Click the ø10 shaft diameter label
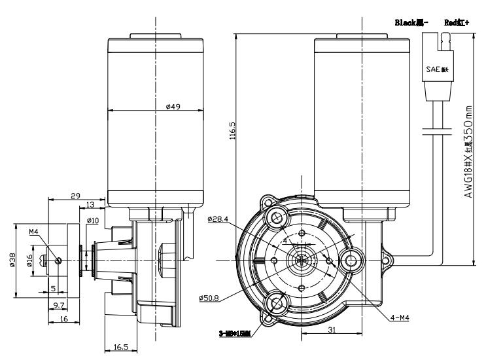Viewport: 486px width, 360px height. click(x=92, y=221)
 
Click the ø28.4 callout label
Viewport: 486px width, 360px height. click(x=218, y=220)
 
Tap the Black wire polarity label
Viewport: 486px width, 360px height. click(x=409, y=22)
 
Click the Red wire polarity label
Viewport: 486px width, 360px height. click(x=455, y=22)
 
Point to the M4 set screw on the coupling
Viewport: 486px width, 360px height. click(x=58, y=261)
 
